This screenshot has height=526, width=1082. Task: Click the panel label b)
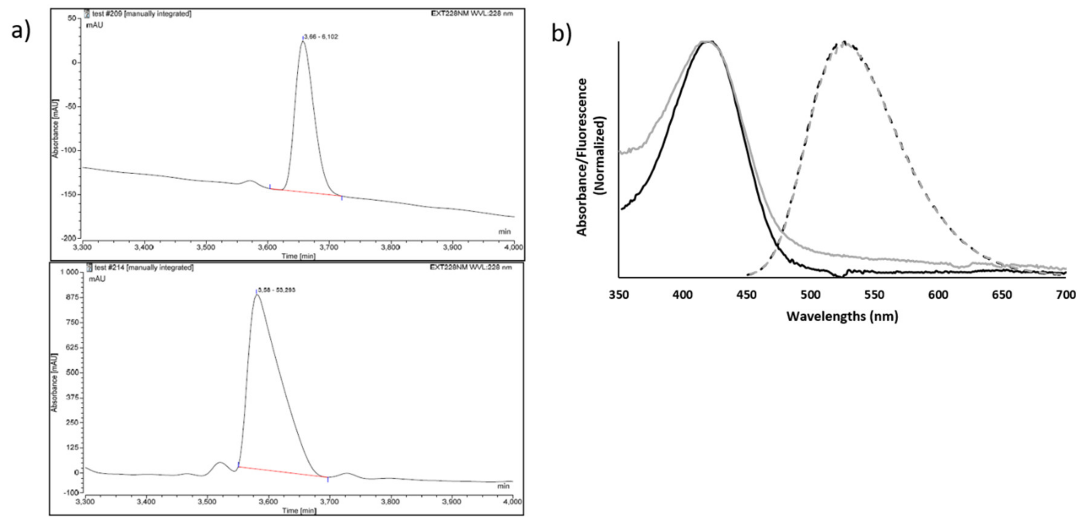point(561,34)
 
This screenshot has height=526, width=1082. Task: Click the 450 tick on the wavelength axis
point(747,295)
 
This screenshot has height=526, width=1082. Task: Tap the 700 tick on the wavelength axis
point(1066,295)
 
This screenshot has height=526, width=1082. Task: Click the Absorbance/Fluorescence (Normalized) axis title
point(591,158)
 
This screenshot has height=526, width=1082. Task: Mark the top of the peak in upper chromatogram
point(302,42)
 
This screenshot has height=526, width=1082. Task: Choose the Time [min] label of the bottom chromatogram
point(299,511)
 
